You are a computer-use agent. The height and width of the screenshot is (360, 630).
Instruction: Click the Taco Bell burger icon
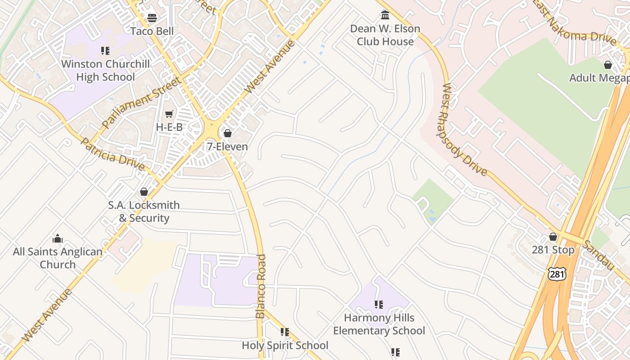coord(152,18)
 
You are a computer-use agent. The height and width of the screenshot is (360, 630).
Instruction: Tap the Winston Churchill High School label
coord(105,71)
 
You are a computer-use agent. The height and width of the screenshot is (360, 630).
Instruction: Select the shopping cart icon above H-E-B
coord(169,114)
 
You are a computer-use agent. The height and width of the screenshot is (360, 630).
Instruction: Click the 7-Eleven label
coord(227,147)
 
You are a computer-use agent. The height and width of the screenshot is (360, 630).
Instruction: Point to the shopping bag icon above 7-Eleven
coord(227,133)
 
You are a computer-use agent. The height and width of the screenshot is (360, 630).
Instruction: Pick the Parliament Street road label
coord(141,103)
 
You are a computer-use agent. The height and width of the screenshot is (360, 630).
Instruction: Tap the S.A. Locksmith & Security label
coord(144,211)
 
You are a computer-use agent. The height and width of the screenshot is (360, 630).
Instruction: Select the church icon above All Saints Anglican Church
coord(58,238)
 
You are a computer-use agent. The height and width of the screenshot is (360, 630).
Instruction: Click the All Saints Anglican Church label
coord(58,258)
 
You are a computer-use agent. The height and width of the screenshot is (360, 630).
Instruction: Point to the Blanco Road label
coord(261,286)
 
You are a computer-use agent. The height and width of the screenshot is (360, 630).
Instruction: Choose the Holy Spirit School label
coord(285,346)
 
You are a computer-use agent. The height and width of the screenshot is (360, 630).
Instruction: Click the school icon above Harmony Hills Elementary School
coord(379,305)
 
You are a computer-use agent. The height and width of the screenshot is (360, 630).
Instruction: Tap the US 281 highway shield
coord(557,273)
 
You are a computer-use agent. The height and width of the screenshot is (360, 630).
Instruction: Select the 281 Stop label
coord(553,250)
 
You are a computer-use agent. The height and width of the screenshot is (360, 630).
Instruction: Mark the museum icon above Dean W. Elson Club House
coord(385,15)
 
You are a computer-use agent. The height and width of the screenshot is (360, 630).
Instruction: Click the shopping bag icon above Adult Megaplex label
coord(608,65)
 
